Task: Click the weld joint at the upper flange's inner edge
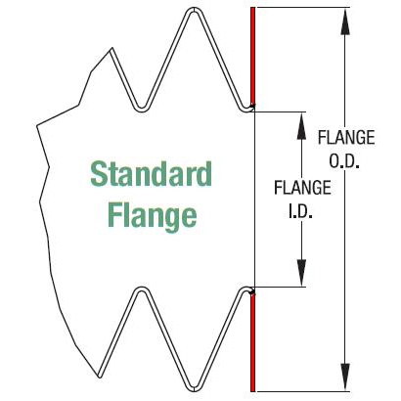click(x=252, y=106)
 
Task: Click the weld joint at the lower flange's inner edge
click(x=252, y=290)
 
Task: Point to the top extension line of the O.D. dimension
click(x=303, y=8)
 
